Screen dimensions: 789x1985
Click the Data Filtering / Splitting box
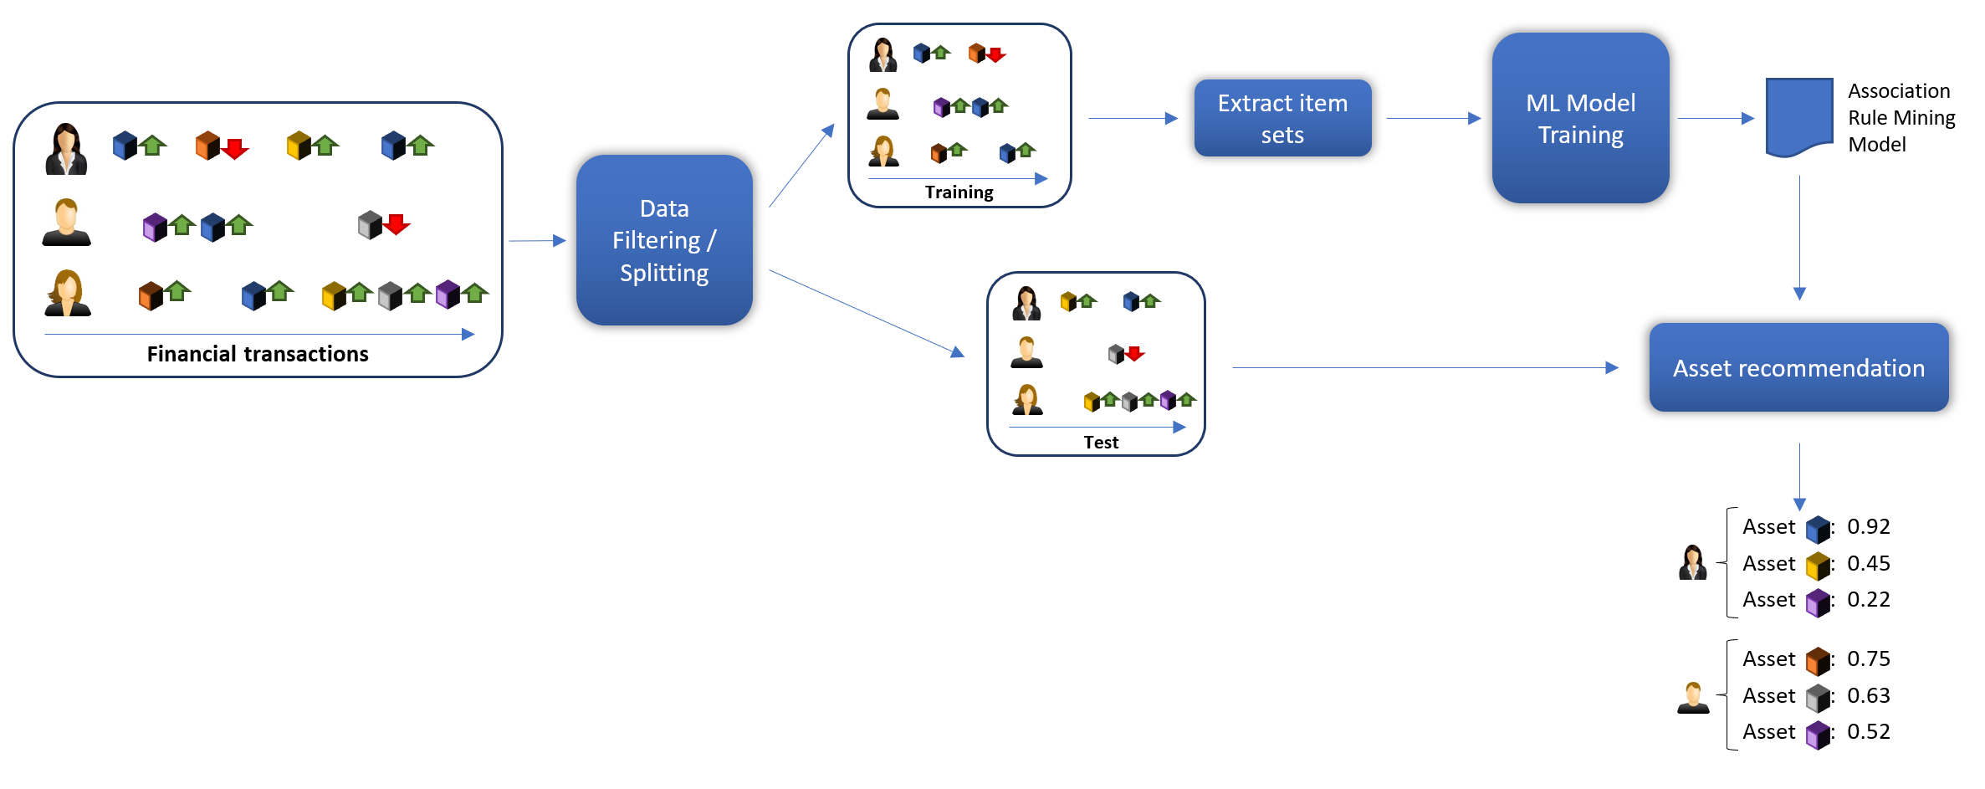[664, 240]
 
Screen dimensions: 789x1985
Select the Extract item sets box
[1282, 118]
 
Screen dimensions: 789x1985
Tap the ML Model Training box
[1580, 118]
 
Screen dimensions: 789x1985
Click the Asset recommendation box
[1798, 367]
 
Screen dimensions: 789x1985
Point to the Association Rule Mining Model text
[1901, 117]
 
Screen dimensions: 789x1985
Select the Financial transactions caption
[258, 354]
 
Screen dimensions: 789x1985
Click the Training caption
[959, 192]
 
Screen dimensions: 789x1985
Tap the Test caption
[1100, 443]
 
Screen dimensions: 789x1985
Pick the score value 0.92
[1868, 526]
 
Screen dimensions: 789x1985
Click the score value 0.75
[1868, 658]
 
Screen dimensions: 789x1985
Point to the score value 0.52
[1868, 731]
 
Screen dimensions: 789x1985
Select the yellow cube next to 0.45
[1817, 566]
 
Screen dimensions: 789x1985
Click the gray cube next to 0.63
[1817, 697]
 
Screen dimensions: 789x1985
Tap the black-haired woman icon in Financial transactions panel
[66, 149]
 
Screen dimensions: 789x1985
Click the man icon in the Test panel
[1026, 352]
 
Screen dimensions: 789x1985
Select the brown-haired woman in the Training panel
[883, 151]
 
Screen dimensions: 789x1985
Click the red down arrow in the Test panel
[1134, 353]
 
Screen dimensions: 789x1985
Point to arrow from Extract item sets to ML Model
[1432, 118]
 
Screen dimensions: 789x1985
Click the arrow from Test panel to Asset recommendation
[1422, 367]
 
